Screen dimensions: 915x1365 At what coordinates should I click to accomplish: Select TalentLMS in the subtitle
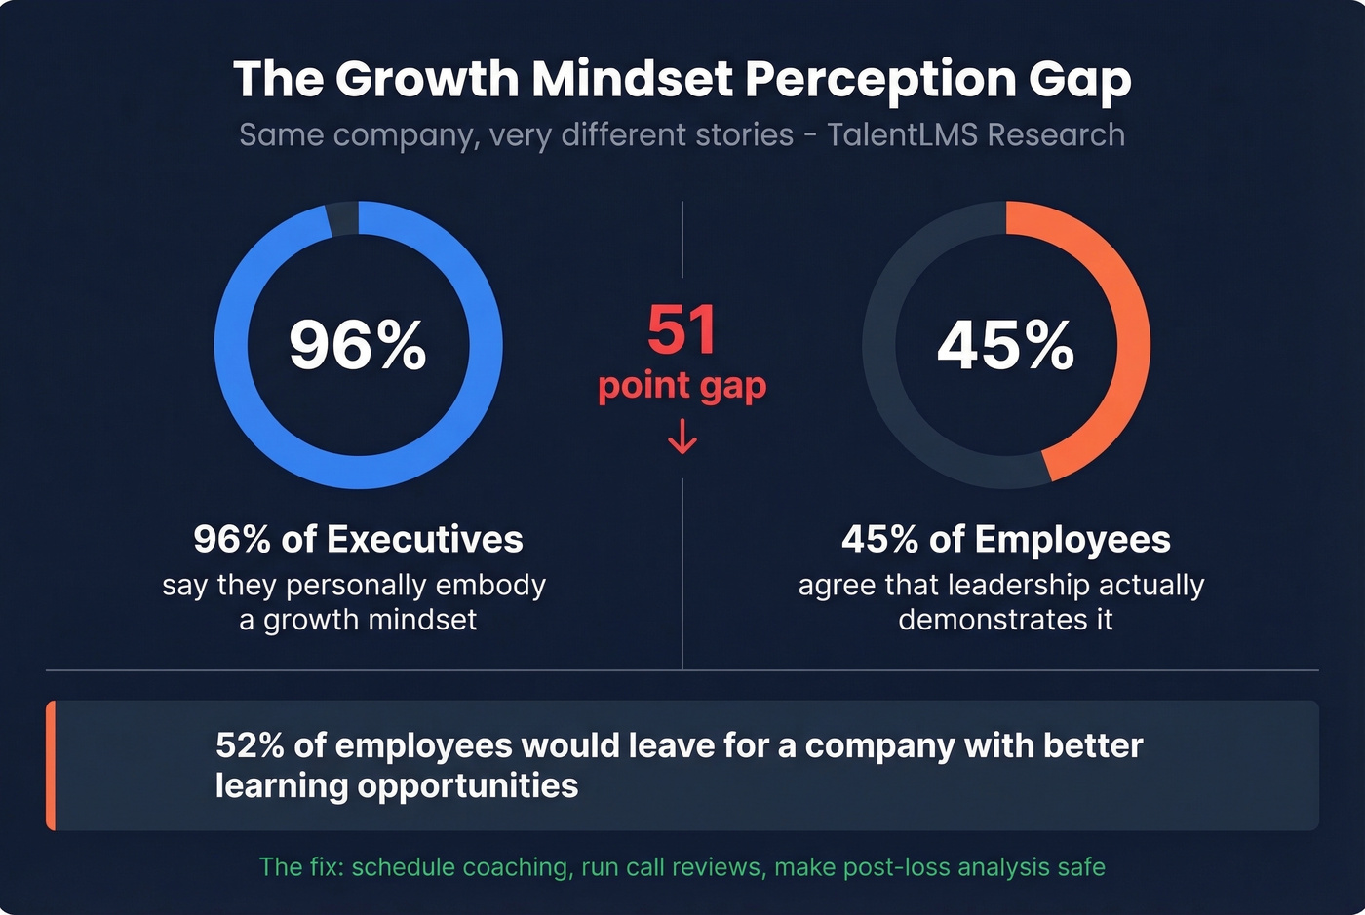coord(902,134)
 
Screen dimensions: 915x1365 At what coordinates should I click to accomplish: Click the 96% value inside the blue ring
coord(358,345)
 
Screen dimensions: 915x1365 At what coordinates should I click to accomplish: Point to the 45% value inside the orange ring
coord(1005,345)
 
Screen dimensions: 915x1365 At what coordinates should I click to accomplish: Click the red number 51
coord(682,330)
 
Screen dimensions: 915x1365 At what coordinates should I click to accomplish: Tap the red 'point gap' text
coord(682,386)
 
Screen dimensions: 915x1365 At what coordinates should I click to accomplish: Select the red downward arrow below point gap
coord(682,437)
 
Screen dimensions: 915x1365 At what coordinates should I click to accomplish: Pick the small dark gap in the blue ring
coord(342,218)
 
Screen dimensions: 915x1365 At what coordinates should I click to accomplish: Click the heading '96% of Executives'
coord(358,539)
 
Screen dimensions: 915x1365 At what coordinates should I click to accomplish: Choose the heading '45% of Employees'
coord(1005,539)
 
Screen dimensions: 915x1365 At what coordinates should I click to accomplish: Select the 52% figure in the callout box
coord(250,745)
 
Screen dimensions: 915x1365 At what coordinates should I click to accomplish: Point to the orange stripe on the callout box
coord(51,765)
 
